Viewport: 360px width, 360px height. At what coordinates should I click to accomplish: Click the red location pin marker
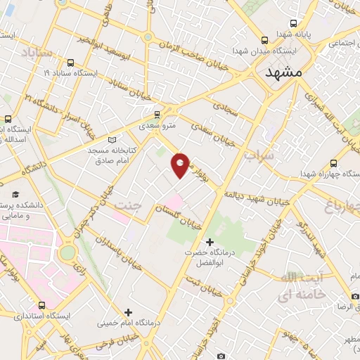pyautogui.click(x=181, y=165)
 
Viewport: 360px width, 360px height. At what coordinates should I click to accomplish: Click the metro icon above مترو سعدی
pyautogui.click(x=157, y=113)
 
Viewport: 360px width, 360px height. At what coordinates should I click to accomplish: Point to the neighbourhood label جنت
pyautogui.click(x=131, y=205)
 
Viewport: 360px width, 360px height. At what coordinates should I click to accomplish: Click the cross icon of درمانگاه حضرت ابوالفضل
pyautogui.click(x=209, y=242)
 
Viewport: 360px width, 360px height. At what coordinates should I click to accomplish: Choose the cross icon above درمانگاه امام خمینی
pyautogui.click(x=127, y=311)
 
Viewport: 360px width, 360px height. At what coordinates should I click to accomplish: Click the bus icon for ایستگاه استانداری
pyautogui.click(x=42, y=305)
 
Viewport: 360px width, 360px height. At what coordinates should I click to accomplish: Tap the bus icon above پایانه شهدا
pyautogui.click(x=293, y=22)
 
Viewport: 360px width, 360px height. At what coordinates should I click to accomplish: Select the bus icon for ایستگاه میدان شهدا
pyautogui.click(x=264, y=40)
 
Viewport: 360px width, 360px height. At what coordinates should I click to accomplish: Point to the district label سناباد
pyautogui.click(x=37, y=53)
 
